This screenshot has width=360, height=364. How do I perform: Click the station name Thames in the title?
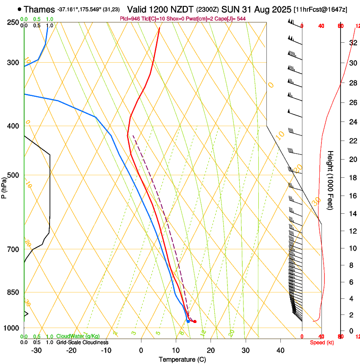coord(39,9)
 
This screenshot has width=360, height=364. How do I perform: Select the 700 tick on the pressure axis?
coord(13,249)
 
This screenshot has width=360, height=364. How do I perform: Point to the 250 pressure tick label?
coord(13,22)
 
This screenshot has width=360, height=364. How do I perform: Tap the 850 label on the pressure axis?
coord(13,292)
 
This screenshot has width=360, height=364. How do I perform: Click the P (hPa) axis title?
coord(4,186)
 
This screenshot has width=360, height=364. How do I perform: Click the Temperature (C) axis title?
coord(182,359)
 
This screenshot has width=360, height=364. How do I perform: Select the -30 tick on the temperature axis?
coord(36,350)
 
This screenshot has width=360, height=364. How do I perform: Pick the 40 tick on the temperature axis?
coord(280,350)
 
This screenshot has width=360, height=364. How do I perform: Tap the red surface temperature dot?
coord(195,322)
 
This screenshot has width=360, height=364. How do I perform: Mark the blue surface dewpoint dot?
coord(188,321)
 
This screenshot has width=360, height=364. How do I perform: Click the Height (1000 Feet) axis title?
coord(331,180)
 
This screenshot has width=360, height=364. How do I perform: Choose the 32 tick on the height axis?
coord(352,42)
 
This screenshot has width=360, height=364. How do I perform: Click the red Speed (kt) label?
coord(321,342)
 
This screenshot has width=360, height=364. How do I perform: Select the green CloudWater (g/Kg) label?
coord(78,336)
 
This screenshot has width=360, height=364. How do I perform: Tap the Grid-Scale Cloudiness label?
coord(82,342)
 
